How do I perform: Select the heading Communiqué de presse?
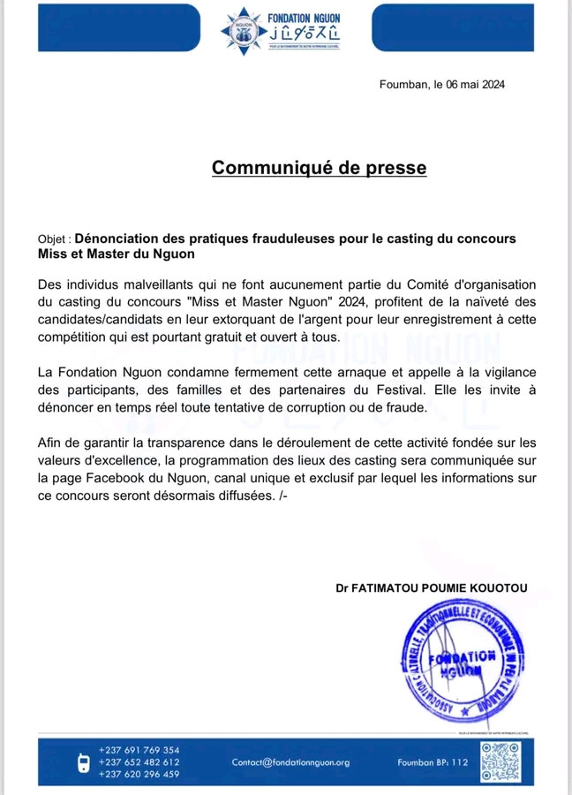(319, 167)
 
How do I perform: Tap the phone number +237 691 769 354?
(139, 751)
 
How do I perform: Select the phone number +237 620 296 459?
(139, 775)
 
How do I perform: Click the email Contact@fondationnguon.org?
(290, 762)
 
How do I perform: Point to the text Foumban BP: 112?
(433, 762)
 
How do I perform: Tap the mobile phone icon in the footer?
(85, 762)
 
